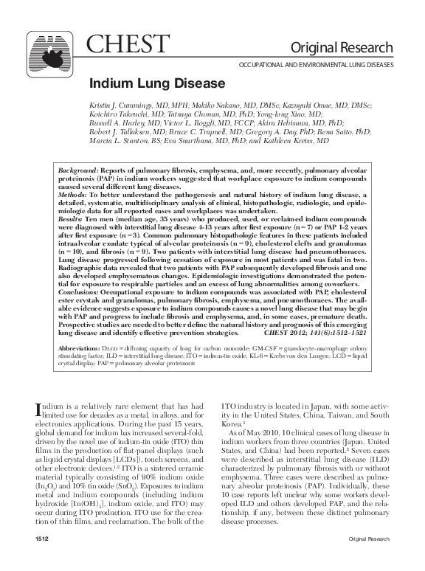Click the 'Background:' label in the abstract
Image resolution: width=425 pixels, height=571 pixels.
(77, 190)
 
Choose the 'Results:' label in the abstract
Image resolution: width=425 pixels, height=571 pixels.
(71, 229)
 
